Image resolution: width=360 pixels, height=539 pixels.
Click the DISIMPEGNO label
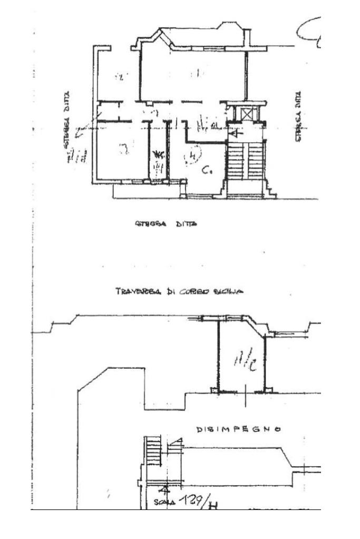(238, 429)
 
